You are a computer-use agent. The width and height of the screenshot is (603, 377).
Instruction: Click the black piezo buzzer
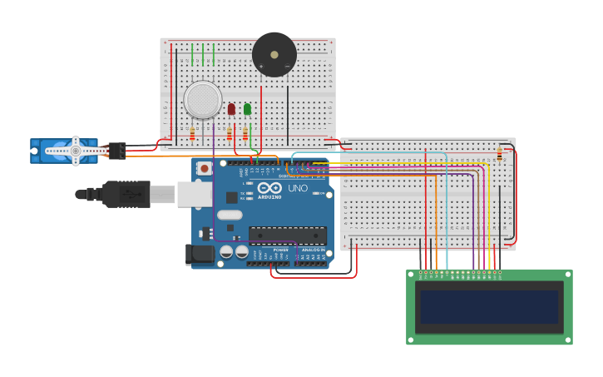click(274, 55)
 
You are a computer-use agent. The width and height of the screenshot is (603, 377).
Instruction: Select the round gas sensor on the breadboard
click(203, 100)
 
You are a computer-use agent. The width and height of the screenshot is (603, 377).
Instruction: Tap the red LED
click(231, 109)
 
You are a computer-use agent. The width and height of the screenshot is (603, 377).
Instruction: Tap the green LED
click(247, 109)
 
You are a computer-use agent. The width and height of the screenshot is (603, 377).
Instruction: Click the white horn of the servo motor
click(76, 151)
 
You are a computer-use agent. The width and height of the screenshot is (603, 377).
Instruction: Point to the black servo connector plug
click(116, 150)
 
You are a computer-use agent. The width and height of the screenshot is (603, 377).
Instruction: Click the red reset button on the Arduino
click(205, 168)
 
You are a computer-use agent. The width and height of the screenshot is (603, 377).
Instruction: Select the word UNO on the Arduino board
click(297, 189)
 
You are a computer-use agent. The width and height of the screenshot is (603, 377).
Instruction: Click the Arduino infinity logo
click(269, 189)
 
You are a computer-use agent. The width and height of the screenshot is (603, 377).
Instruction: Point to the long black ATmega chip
click(287, 236)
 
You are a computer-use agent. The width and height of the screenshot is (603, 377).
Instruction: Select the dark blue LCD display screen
click(489, 307)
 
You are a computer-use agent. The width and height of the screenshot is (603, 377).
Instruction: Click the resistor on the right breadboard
click(499, 154)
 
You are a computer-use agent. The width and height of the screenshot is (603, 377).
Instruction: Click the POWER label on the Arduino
click(281, 249)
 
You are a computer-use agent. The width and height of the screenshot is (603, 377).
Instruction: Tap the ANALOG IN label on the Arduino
click(314, 249)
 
